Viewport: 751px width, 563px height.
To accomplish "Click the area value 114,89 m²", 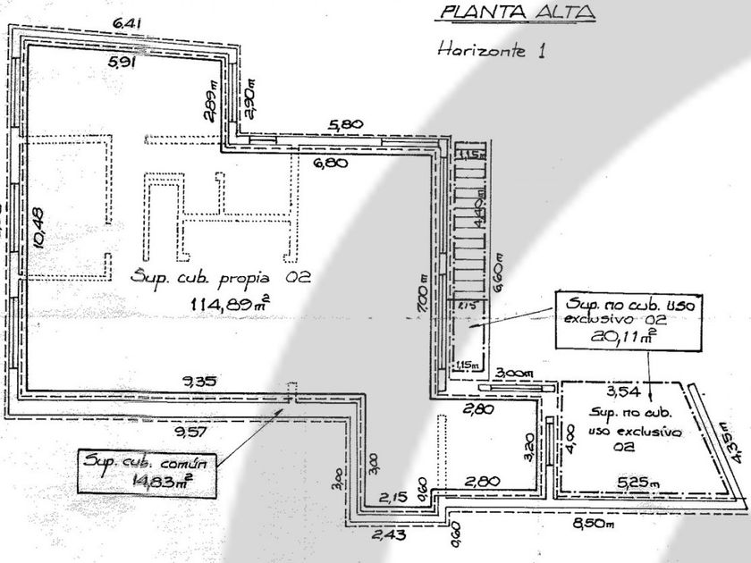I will (x=230, y=305).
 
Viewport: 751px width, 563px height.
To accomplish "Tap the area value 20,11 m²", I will (x=629, y=334).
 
